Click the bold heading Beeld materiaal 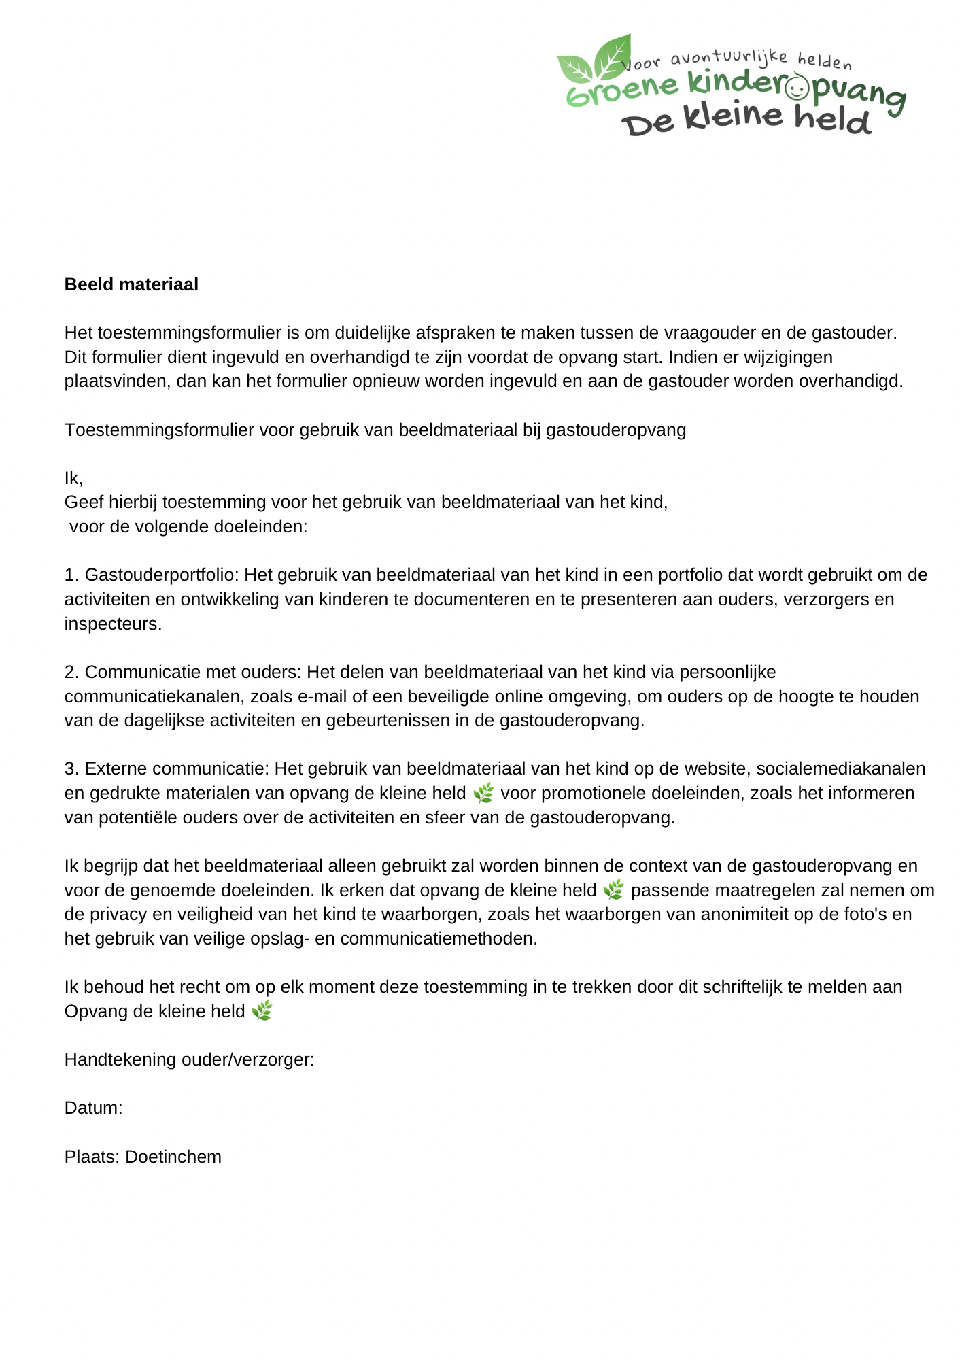pos(131,284)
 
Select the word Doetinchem pos(173,1157)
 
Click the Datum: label pos(93,1108)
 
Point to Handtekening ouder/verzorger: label pos(189,1059)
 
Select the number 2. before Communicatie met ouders pos(72,673)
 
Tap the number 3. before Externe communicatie pos(72,769)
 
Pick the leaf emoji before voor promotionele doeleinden pos(483,793)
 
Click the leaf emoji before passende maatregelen pos(613,889)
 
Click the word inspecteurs pos(113,624)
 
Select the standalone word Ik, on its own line pos(73,478)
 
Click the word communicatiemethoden pos(439,939)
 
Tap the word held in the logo pos(832,119)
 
